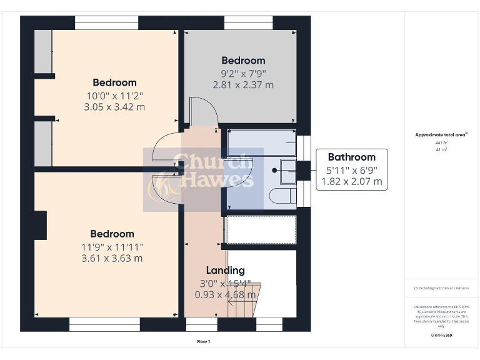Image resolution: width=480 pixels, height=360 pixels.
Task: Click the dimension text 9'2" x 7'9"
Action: pyautogui.click(x=243, y=73)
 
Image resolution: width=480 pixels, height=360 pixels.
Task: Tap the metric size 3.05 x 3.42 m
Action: pyautogui.click(x=114, y=107)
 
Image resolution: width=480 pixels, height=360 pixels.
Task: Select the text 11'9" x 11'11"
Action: pyautogui.click(x=112, y=246)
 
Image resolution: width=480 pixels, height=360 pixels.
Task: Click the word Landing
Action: pyautogui.click(x=226, y=270)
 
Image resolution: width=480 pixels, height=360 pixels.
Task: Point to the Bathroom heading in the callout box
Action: pyautogui.click(x=351, y=157)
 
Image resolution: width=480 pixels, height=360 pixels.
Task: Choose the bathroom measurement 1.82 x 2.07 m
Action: pyautogui.click(x=351, y=182)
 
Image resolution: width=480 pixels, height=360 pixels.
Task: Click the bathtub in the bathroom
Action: pyautogui.click(x=261, y=143)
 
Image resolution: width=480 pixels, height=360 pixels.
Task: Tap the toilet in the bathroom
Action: pyautogui.click(x=283, y=196)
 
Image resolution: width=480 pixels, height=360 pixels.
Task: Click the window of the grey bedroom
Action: pyautogui.click(x=248, y=22)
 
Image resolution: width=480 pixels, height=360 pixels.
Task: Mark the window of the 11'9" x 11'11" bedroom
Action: pyautogui.click(x=104, y=324)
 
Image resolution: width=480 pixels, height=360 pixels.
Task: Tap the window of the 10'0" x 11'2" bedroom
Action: pyautogui.click(x=106, y=22)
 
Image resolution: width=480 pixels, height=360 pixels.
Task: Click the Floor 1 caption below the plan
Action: pyautogui.click(x=204, y=341)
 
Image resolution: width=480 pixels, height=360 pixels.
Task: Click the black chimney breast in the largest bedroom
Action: pyautogui.click(x=41, y=226)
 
